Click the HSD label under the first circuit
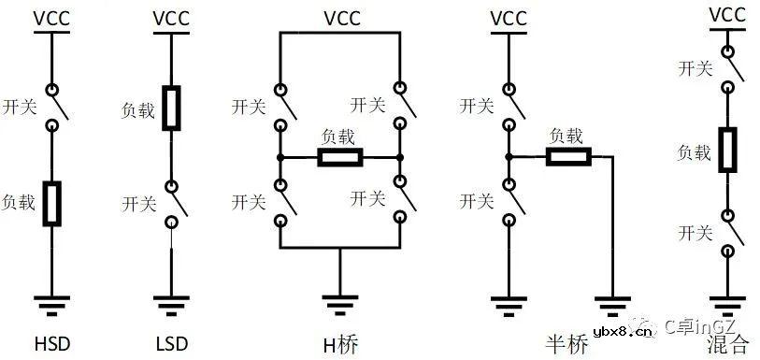pos(50,344)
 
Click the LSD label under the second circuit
pos(171,344)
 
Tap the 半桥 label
pos(568,344)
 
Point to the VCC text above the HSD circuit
pos(50,18)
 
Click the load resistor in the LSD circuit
pos(171,107)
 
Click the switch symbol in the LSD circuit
pos(174,203)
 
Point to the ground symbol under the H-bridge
pos(341,305)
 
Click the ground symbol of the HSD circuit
pos(50,305)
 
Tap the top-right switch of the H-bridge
pos(402,106)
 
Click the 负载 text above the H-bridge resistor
pos(340,137)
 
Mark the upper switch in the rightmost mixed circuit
pos(729,72)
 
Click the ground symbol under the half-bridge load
pos(613,305)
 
